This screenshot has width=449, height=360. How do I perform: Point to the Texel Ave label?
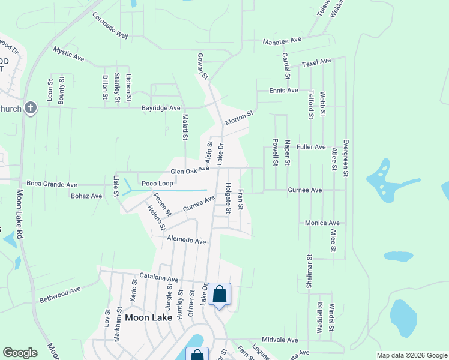316,62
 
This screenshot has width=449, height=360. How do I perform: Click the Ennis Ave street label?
284,91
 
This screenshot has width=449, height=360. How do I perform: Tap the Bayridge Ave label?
161,108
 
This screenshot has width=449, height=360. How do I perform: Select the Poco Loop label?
157,183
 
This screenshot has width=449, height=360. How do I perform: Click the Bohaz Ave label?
86,196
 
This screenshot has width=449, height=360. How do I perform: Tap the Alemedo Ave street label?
186,241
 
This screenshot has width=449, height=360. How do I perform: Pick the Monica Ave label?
322,223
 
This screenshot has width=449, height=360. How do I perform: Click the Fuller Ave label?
311,146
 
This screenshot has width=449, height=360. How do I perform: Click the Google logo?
20,353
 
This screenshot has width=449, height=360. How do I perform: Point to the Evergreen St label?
345,158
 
